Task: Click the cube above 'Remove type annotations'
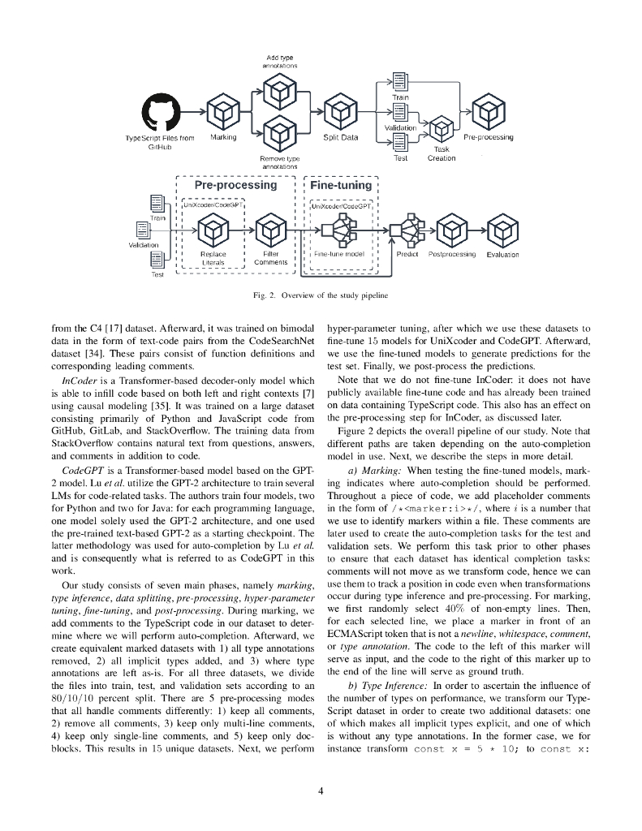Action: click(x=280, y=131)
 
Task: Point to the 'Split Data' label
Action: click(x=340, y=137)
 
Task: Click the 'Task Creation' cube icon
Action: click(x=442, y=127)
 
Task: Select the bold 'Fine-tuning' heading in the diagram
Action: click(x=340, y=186)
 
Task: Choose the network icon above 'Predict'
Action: click(x=405, y=231)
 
